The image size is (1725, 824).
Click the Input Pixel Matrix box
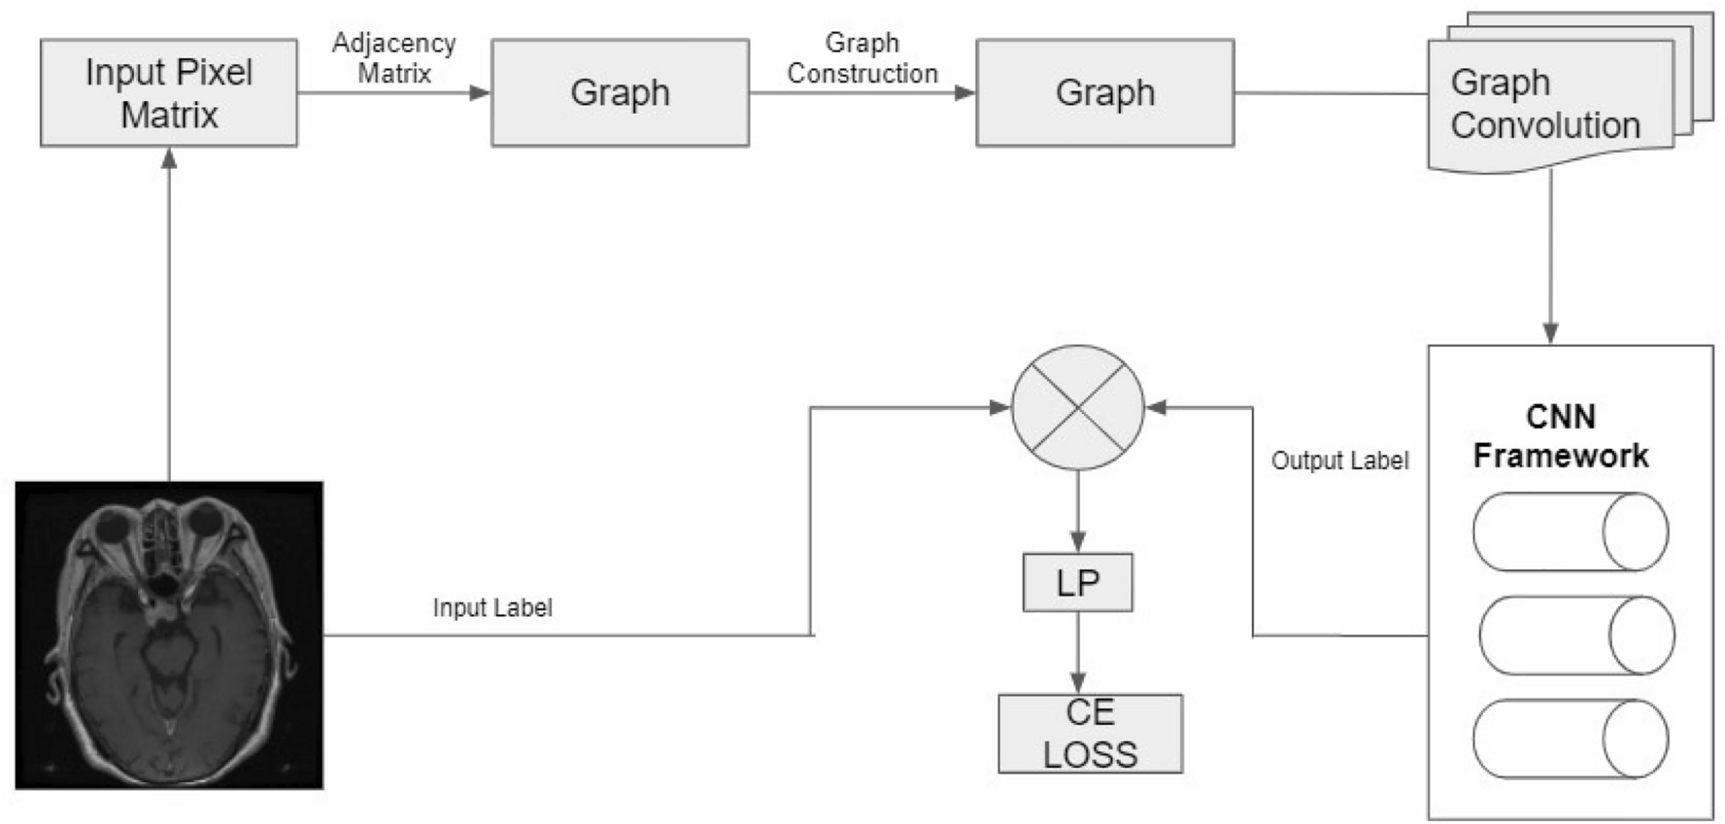[x=169, y=93]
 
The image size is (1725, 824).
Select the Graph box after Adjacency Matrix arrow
[x=620, y=93]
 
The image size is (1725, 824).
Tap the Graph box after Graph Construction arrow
[x=1104, y=93]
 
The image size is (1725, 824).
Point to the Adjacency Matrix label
[x=393, y=57]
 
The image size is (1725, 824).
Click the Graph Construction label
[x=862, y=57]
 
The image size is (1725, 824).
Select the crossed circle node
[x=1077, y=408]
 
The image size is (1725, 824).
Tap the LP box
[x=1077, y=583]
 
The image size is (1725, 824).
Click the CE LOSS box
[x=1090, y=734]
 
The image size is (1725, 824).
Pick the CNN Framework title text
[x=1560, y=436]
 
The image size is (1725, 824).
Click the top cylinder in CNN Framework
[x=1570, y=532]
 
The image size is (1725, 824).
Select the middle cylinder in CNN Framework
[x=1575, y=635]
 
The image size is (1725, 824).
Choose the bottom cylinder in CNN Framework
[x=1570, y=739]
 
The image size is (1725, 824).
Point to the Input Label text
[x=492, y=608]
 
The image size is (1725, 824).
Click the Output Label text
[x=1339, y=461]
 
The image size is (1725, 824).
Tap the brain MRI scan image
[x=169, y=635]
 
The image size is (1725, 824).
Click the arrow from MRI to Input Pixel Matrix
[x=169, y=311]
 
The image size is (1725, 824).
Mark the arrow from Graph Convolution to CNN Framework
[x=1550, y=257]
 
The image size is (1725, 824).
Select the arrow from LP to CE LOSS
[x=1077, y=652]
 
